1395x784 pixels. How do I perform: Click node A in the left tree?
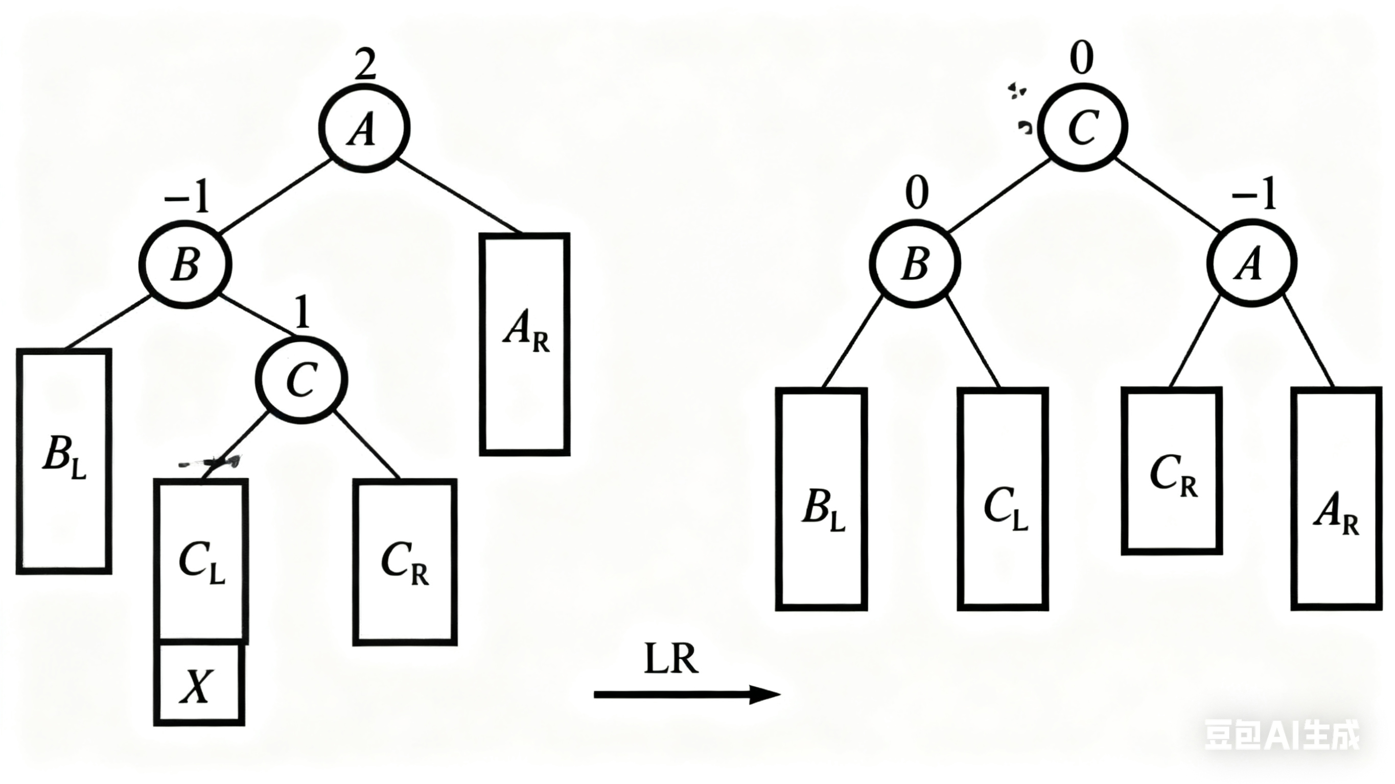tap(364, 128)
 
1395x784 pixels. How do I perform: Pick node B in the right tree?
tap(915, 264)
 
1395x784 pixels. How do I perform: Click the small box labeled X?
tap(199, 685)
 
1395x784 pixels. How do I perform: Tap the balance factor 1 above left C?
tap(303, 313)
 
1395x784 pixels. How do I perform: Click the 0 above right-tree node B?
tap(917, 193)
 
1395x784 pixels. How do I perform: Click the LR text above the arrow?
tap(671, 659)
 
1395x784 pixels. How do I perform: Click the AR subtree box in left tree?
tap(524, 344)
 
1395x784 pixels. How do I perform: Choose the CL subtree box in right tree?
tap(1003, 498)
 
